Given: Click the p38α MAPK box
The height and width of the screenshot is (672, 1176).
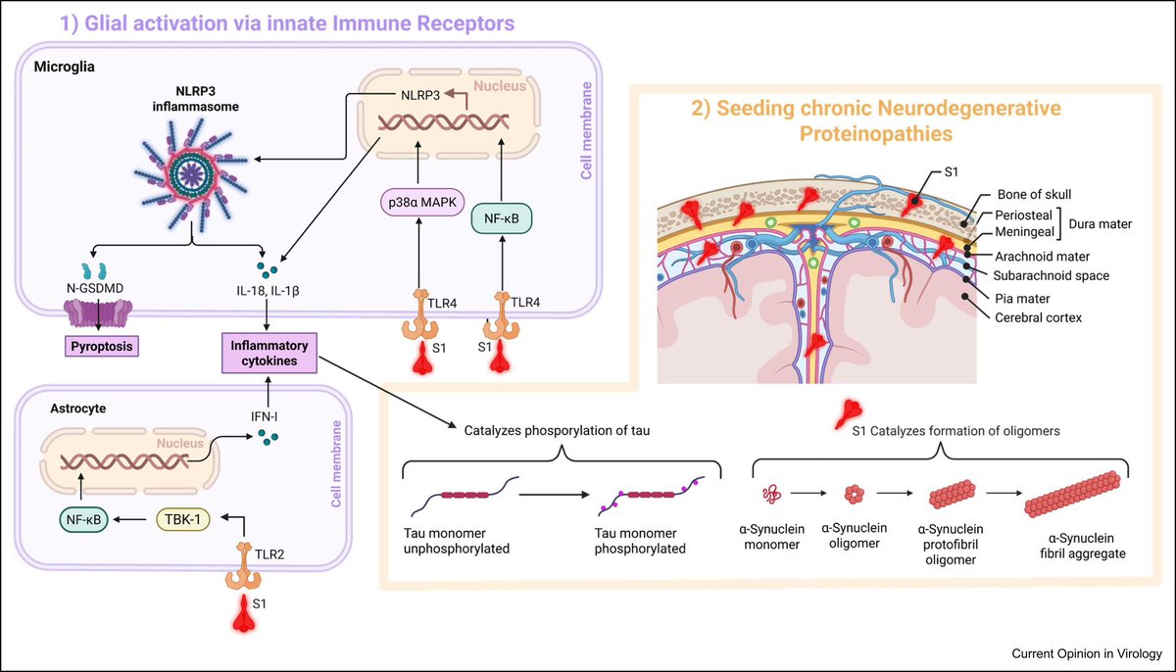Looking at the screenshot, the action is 422,202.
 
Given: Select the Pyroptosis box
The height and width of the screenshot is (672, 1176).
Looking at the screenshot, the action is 102,346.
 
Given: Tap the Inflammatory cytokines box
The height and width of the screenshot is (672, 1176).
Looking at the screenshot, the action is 269,353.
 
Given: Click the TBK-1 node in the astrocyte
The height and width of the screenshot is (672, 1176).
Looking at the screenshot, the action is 182,519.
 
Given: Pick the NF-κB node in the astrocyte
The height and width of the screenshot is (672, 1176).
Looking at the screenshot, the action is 83,520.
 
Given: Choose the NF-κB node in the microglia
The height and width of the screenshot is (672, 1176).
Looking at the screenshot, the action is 502,218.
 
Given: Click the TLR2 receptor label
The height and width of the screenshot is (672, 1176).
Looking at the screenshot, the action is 269,554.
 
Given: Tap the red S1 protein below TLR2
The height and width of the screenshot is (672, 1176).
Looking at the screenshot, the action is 244,612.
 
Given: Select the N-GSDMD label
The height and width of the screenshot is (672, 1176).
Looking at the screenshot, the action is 95,288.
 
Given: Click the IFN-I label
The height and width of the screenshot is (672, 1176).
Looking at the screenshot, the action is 264,416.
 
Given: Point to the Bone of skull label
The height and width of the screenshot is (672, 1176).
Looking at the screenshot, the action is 1034,194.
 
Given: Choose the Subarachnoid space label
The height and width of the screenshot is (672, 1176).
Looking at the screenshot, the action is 1051,275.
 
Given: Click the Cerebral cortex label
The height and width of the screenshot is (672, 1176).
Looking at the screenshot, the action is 1039,317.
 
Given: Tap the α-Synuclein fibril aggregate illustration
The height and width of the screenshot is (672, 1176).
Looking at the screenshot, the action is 1072,494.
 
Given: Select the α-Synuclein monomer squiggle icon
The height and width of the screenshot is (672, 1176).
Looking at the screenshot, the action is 771,494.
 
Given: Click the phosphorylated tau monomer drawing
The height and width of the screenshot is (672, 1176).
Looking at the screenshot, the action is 651,496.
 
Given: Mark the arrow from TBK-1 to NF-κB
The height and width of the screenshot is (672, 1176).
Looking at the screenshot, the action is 129,519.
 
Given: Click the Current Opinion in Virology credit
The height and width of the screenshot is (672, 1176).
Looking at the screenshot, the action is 1087,653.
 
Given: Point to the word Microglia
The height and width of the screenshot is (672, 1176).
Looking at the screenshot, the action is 64,67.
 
